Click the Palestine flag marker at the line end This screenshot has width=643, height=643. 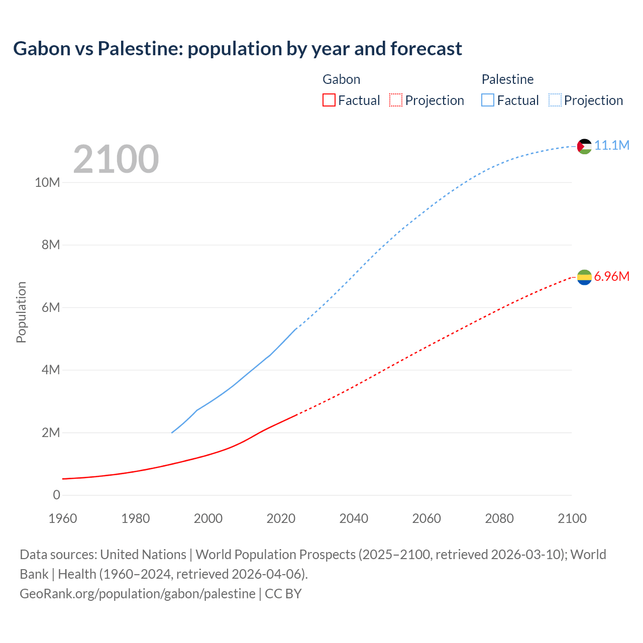(x=584, y=146)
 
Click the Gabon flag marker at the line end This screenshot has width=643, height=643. (x=584, y=277)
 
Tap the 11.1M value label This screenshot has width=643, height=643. (x=612, y=146)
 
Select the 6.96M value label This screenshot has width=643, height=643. (x=612, y=277)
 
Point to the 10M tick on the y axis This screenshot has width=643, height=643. (x=47, y=182)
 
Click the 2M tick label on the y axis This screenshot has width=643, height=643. (x=50, y=433)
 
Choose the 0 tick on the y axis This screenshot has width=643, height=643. (x=56, y=495)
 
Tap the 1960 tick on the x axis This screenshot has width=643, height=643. (x=63, y=518)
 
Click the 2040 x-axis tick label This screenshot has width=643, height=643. (x=354, y=518)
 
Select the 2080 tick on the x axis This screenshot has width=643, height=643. (x=499, y=518)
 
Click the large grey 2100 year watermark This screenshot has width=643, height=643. (x=116, y=159)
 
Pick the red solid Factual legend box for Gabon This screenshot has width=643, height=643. (x=329, y=100)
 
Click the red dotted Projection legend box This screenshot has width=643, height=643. (x=396, y=100)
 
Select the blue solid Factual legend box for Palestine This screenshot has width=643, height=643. (x=488, y=100)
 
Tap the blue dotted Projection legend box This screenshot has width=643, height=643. (x=555, y=100)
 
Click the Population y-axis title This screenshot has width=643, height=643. (x=21, y=312)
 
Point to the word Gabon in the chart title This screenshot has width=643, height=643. (x=42, y=49)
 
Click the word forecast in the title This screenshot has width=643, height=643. (x=426, y=49)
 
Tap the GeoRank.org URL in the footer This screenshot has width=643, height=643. (x=138, y=594)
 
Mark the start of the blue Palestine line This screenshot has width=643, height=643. (x=172, y=433)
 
